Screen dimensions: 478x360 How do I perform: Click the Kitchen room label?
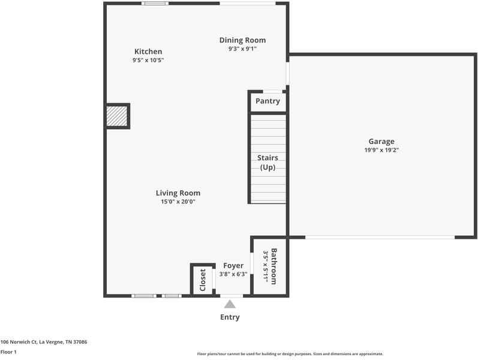click(148, 51)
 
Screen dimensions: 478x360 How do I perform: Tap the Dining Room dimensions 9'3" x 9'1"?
click(242, 49)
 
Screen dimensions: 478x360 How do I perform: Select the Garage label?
click(381, 142)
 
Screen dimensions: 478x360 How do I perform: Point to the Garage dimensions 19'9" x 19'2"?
click(381, 150)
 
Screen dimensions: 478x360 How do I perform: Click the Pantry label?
click(267, 101)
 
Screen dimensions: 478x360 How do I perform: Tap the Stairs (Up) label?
click(267, 163)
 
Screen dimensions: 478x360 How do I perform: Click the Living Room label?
click(178, 193)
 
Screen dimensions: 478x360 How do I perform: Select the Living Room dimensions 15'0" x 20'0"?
click(178, 202)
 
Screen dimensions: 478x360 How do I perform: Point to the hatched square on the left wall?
click(117, 116)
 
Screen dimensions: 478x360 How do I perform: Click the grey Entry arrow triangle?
click(230, 304)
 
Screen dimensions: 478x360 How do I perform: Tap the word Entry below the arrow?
click(230, 317)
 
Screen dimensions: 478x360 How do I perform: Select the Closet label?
click(203, 280)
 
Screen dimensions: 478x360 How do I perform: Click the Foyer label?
click(233, 266)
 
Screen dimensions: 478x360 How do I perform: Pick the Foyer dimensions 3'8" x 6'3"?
click(233, 274)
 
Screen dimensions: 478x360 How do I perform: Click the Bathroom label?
click(273, 266)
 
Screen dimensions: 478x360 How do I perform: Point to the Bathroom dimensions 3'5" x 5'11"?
click(265, 266)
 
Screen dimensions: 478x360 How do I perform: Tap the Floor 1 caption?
click(8, 352)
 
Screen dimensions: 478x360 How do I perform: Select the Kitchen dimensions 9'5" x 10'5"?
click(148, 60)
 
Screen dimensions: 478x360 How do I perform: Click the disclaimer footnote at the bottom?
click(290, 354)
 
